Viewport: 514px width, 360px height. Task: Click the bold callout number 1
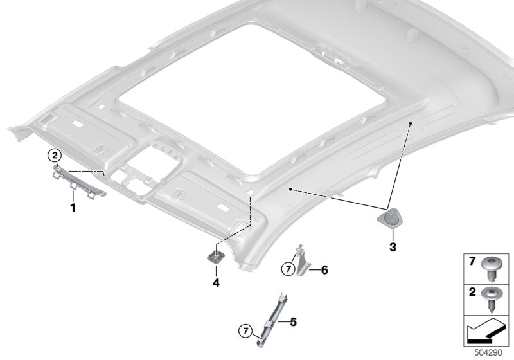coord(73,208)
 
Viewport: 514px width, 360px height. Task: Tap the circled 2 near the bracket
coord(55,155)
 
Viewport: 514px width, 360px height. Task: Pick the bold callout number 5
coord(292,319)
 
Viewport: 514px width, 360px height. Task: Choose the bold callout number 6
coord(324,270)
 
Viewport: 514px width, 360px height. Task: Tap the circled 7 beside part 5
coord(245,330)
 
